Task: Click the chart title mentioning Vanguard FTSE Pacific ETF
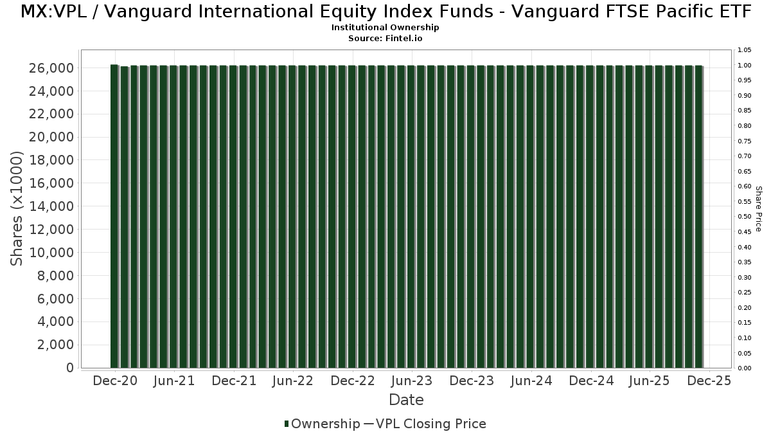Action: [x=385, y=12]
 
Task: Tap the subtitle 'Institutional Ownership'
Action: [x=385, y=28]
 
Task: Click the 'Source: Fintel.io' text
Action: [x=385, y=38]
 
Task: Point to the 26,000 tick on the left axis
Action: [x=51, y=68]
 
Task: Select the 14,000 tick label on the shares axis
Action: [x=51, y=206]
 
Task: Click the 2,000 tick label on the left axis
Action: [x=55, y=345]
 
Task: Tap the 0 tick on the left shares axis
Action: [x=70, y=368]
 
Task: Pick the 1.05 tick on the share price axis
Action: [x=745, y=50]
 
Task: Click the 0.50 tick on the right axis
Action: [x=745, y=217]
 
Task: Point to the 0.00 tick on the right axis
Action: [x=745, y=368]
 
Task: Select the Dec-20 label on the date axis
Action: [x=115, y=381]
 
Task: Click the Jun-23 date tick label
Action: [x=412, y=381]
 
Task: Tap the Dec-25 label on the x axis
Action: [x=709, y=381]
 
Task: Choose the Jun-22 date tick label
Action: [x=292, y=381]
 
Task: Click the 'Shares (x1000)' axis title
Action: [x=16, y=208]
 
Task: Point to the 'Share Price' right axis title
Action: [x=758, y=209]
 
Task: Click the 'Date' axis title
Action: [x=406, y=400]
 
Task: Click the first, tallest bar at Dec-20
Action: [x=114, y=216]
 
